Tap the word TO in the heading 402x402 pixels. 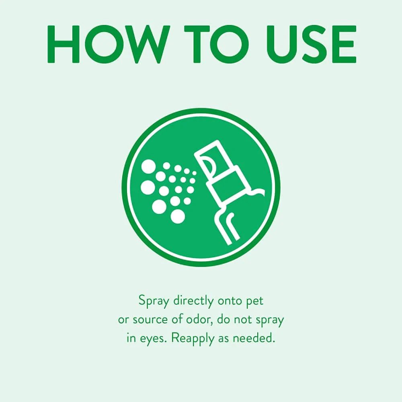pyautogui.click(x=217, y=44)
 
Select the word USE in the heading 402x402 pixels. pyautogui.click(x=311, y=44)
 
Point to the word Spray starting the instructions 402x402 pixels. pyautogui.click(x=154, y=301)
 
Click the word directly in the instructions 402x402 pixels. pyautogui.click(x=193, y=301)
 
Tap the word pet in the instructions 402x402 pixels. pyautogui.click(x=254, y=301)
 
